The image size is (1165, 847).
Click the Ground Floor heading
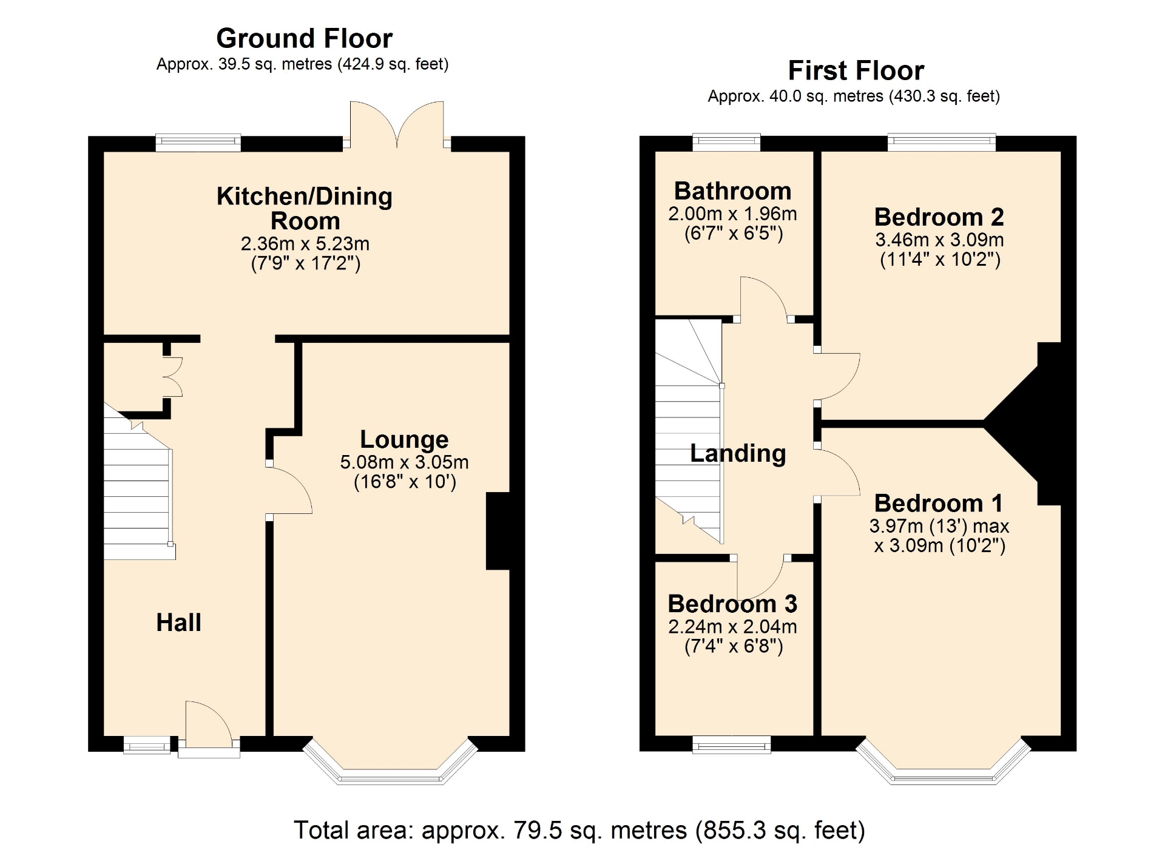[x=304, y=39]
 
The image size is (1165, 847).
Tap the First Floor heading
[x=856, y=70]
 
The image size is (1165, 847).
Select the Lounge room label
[x=404, y=439]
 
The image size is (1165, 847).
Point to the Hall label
[x=178, y=623]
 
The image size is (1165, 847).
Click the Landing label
[x=738, y=454]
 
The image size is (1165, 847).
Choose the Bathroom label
[x=732, y=191]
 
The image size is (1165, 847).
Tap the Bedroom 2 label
[x=939, y=217]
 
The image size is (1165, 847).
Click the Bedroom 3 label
[x=732, y=604]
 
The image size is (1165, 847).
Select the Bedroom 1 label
[x=939, y=504]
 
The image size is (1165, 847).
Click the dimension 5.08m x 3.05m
[x=404, y=462]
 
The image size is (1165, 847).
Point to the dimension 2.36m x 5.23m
[x=305, y=244]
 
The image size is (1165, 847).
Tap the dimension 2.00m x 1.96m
[x=732, y=214]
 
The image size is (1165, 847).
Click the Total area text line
[x=579, y=830]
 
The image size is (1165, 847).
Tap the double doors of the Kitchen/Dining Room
[x=397, y=124]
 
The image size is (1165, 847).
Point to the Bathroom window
[x=726, y=142]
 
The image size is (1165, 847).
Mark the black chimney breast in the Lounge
[x=498, y=531]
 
